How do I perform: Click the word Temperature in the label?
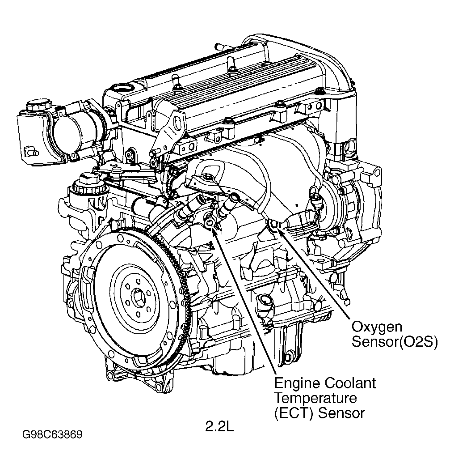point(315,398)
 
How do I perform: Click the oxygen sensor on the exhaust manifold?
point(274,224)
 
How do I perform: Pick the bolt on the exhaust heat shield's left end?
point(208,179)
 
